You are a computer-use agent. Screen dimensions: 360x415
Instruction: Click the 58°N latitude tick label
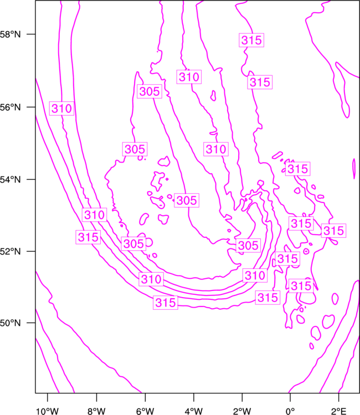11,34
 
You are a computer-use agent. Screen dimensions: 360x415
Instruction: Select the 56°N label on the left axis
11,107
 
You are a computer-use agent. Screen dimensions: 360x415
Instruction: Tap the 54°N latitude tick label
11,179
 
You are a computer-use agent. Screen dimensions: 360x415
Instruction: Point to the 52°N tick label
11,251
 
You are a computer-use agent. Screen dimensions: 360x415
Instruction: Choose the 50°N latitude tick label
11,323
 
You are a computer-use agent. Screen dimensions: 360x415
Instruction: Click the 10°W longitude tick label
48,411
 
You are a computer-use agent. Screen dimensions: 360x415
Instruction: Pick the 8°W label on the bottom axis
96,411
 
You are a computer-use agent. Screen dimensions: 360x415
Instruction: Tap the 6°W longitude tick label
145,411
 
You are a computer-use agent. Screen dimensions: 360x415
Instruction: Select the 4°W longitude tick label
194,411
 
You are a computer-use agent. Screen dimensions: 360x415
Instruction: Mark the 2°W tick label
242,411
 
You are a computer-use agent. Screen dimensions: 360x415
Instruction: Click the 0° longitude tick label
290,411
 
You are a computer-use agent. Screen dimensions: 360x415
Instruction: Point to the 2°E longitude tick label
339,411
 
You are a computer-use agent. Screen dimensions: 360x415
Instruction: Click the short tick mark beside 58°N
31,34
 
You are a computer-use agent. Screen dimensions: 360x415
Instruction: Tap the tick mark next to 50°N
31,323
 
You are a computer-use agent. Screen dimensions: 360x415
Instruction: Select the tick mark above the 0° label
290,397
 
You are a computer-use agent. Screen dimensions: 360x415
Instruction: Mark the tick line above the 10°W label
48,397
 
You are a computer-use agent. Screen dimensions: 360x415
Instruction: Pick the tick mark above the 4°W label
194,397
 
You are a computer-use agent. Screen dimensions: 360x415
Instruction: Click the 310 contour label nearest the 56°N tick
61,108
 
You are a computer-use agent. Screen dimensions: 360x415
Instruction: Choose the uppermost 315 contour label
251,40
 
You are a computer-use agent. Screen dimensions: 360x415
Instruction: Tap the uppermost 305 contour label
150,91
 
